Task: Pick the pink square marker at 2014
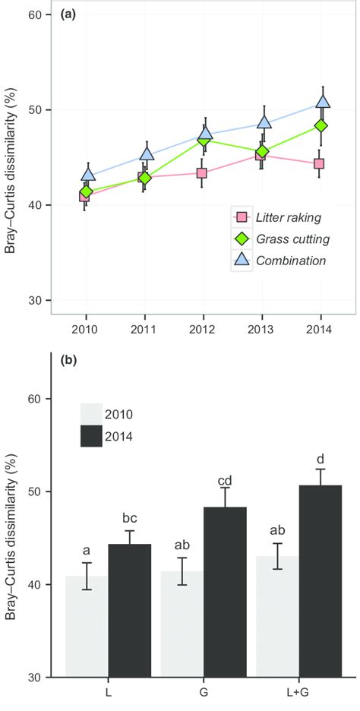pos(320,163)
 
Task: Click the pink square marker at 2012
pos(203,173)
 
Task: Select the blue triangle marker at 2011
pos(144,155)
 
